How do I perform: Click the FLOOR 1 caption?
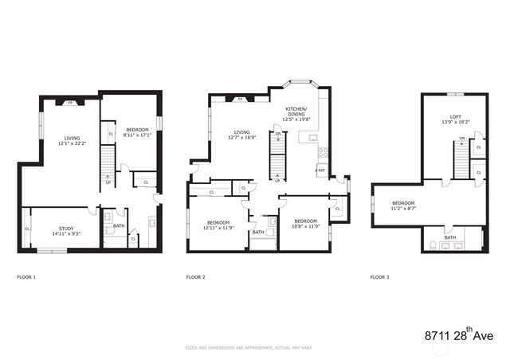(26, 277)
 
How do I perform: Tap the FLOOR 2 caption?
(195, 277)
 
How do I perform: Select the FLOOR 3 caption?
(380, 277)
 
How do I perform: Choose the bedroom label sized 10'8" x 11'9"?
(305, 223)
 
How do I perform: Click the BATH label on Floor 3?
(450, 237)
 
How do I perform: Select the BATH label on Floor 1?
(119, 225)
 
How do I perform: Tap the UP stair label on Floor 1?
(108, 182)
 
